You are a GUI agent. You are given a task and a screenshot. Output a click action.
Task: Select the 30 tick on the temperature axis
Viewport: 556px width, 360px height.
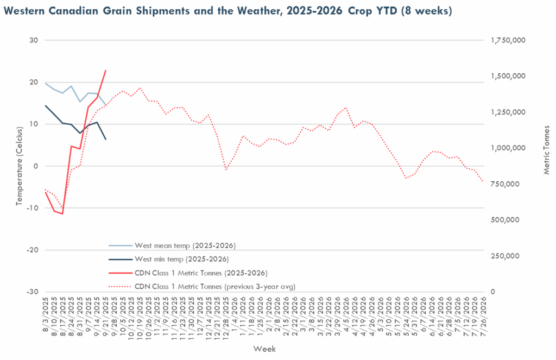[35, 40]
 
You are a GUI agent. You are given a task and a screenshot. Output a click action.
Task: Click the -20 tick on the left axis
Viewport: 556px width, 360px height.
[33, 250]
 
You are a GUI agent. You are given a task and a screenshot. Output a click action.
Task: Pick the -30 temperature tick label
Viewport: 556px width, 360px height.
[33, 292]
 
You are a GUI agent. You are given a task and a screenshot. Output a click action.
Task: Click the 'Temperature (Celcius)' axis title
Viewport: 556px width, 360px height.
[19, 165]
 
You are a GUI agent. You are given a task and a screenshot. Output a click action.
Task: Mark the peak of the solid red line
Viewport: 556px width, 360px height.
[105, 70]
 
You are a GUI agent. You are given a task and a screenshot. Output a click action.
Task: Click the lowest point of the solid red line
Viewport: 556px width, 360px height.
[62, 214]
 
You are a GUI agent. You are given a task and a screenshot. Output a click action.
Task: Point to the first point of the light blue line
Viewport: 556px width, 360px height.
[46, 83]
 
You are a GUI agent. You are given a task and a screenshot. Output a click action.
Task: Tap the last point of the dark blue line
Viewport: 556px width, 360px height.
[105, 140]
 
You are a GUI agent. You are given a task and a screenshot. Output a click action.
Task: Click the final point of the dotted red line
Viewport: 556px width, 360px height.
[483, 181]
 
